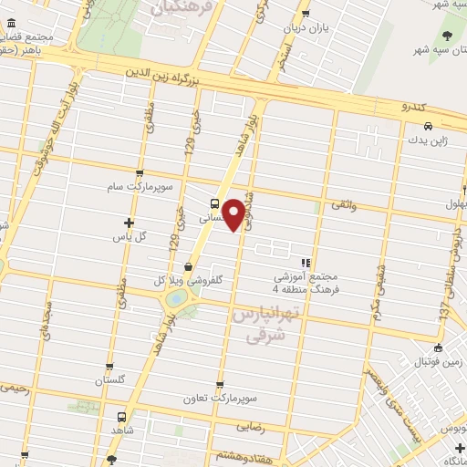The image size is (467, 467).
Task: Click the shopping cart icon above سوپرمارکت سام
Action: tap(138, 172)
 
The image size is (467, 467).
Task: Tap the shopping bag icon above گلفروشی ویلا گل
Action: tap(188, 267)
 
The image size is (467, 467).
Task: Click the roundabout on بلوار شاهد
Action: tap(176, 297)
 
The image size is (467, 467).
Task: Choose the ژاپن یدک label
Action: tap(426, 141)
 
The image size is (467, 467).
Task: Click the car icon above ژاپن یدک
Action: tap(426, 127)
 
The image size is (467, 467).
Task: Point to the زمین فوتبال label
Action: tap(438, 363)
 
